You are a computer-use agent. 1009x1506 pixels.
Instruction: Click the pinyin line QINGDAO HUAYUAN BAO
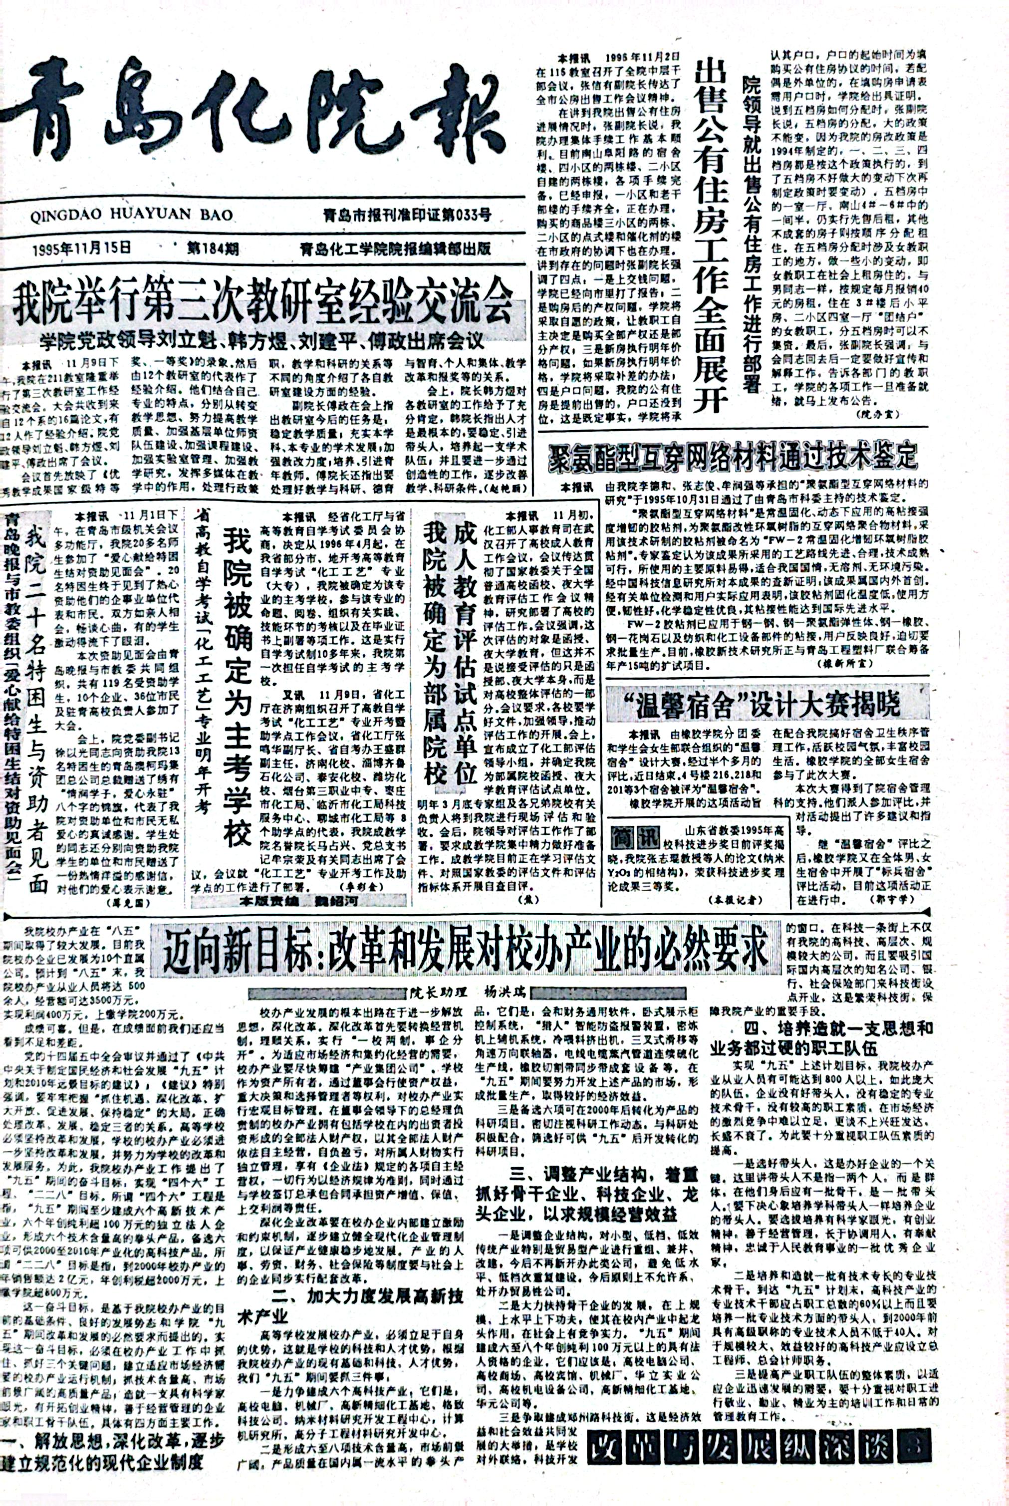[x=131, y=214]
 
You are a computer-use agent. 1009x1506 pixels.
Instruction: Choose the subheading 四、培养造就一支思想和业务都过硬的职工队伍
[x=821, y=1037]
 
